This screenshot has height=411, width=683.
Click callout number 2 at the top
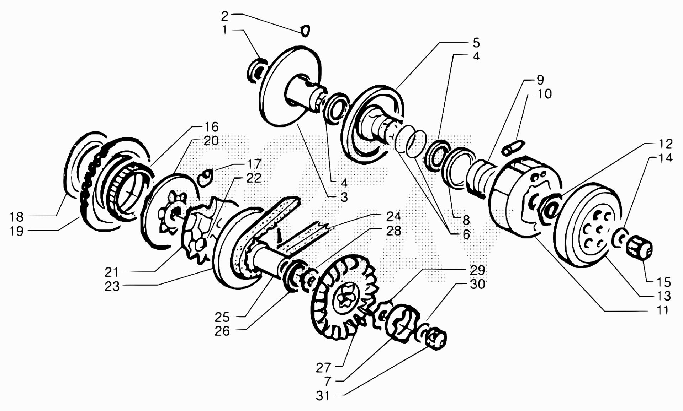point(224,16)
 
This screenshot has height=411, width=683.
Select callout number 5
point(476,43)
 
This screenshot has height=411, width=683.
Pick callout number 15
point(663,282)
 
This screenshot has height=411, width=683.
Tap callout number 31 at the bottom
point(323,396)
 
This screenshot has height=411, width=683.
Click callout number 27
point(323,368)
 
